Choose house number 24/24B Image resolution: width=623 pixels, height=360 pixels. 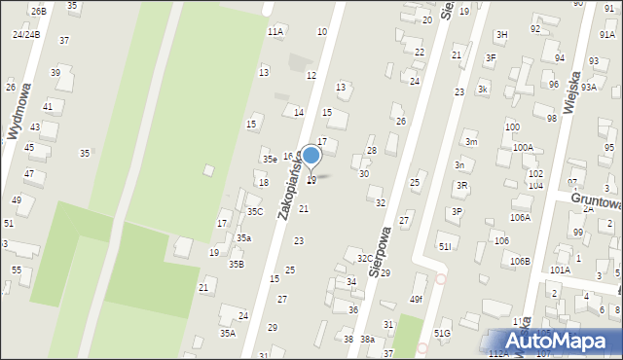[26, 34]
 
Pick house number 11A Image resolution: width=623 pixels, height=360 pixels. [275, 32]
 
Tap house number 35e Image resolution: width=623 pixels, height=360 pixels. [269, 159]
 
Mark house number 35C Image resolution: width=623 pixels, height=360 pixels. [254, 211]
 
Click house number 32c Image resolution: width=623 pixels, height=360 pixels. [364, 259]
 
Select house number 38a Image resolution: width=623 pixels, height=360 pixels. [367, 340]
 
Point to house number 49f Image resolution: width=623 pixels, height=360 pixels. [417, 299]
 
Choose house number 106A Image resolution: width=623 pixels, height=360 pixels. [520, 218]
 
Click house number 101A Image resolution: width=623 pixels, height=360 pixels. [560, 270]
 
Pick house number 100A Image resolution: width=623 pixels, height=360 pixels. [523, 148]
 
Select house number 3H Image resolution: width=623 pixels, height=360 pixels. [501, 35]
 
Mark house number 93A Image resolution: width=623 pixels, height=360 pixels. [589, 87]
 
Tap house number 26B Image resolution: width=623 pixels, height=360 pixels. [38, 11]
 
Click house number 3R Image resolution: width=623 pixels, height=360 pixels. [462, 185]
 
